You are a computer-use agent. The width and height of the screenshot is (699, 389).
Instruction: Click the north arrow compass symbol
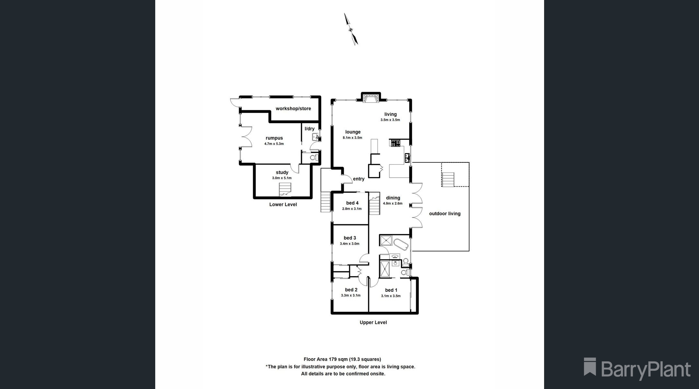pyautogui.click(x=351, y=29)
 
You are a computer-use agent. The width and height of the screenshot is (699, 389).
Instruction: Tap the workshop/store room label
pyautogui.click(x=293, y=109)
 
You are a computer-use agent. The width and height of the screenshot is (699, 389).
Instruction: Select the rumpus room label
pyautogui.click(x=274, y=138)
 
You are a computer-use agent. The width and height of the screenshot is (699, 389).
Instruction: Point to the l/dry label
pyautogui.click(x=309, y=129)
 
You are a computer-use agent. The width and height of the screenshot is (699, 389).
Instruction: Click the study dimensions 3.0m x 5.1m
pyautogui.click(x=282, y=178)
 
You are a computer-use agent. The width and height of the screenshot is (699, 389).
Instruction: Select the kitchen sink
pyautogui.click(x=407, y=158)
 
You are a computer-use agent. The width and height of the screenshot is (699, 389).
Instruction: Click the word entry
pyautogui.click(x=359, y=179)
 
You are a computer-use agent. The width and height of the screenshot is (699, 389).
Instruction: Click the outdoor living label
pyautogui.click(x=445, y=214)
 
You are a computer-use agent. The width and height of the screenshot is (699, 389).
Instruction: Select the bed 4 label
pyautogui.click(x=352, y=203)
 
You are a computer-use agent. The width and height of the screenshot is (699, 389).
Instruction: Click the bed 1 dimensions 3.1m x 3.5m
pyautogui.click(x=391, y=296)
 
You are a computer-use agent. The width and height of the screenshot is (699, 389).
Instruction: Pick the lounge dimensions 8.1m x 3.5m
pyautogui.click(x=353, y=138)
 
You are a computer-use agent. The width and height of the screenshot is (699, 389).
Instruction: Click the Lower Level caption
pyautogui.click(x=283, y=205)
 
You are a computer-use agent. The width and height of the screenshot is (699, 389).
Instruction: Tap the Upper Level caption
pyautogui.click(x=373, y=323)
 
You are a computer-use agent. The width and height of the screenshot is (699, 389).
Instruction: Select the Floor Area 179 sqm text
pyautogui.click(x=326, y=359)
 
